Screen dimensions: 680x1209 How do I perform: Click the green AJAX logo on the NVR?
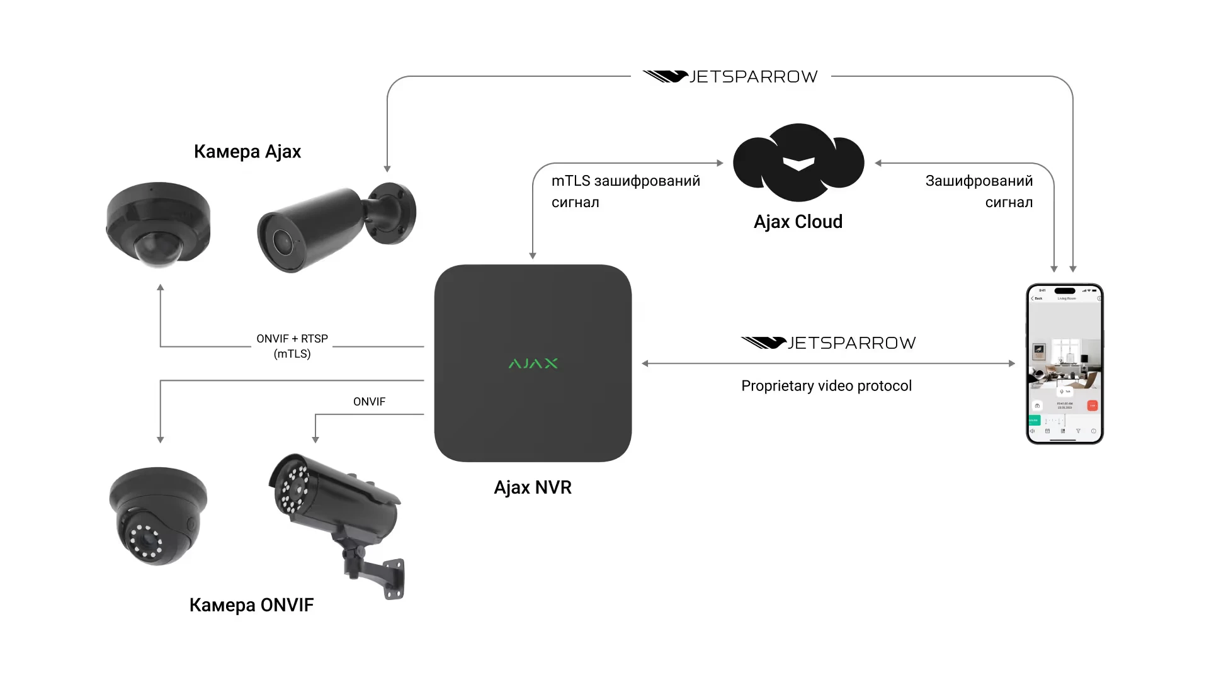pyautogui.click(x=533, y=363)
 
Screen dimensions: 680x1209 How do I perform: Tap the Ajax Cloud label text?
pyautogui.click(x=798, y=222)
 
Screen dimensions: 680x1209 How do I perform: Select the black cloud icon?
pyautogui.click(x=798, y=162)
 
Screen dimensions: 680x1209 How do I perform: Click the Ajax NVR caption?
pyautogui.click(x=533, y=487)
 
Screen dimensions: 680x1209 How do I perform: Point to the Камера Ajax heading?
pyautogui.click(x=247, y=152)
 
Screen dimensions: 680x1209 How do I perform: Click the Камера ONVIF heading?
pyautogui.click(x=251, y=605)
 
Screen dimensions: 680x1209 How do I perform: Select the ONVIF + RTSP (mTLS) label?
pyautogui.click(x=292, y=346)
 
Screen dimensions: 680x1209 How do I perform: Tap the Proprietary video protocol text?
pyautogui.click(x=826, y=386)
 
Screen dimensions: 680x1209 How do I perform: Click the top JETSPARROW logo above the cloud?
pyautogui.click(x=730, y=77)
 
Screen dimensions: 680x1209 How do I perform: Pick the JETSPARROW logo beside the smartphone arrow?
pyautogui.click(x=829, y=343)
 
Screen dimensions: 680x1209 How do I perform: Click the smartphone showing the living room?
pyautogui.click(x=1065, y=364)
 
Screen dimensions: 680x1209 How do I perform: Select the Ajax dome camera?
pyautogui.click(x=158, y=224)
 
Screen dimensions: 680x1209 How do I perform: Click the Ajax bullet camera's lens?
pyautogui.click(x=281, y=241)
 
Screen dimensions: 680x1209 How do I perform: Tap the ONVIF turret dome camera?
pyautogui.click(x=157, y=515)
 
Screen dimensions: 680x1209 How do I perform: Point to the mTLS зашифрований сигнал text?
pyautogui.click(x=625, y=191)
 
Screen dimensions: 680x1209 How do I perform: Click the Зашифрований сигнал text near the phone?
pyautogui.click(x=979, y=191)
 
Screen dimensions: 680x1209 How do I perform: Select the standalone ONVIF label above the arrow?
pyautogui.click(x=369, y=402)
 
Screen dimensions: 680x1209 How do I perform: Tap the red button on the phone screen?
pyautogui.click(x=1093, y=405)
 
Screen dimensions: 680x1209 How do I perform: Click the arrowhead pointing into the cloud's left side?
pyautogui.click(x=720, y=163)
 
